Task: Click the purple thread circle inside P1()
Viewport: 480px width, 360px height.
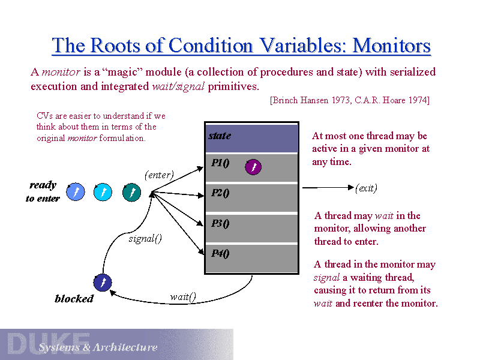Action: click(x=253, y=167)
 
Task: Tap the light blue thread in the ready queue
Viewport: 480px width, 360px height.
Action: click(x=75, y=192)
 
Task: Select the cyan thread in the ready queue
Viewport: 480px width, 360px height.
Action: click(x=103, y=192)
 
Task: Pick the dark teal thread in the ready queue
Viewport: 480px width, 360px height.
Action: click(x=131, y=192)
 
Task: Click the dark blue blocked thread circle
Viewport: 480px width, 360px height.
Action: click(x=103, y=282)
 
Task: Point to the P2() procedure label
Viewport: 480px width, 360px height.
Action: click(x=220, y=193)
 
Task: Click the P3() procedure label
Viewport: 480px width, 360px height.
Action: click(x=220, y=223)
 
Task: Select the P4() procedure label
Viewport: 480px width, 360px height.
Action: click(x=220, y=253)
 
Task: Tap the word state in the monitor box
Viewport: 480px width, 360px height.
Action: click(x=220, y=136)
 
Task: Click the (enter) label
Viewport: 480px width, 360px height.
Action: click(x=159, y=175)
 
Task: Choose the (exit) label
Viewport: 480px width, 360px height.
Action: click(x=366, y=188)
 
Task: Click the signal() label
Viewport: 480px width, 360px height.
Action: click(x=145, y=239)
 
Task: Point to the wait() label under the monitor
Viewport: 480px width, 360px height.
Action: click(x=183, y=296)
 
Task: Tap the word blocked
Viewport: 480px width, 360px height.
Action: click(x=74, y=299)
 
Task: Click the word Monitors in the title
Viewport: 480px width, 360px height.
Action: click(x=392, y=46)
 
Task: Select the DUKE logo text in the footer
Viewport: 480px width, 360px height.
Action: click(x=48, y=343)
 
